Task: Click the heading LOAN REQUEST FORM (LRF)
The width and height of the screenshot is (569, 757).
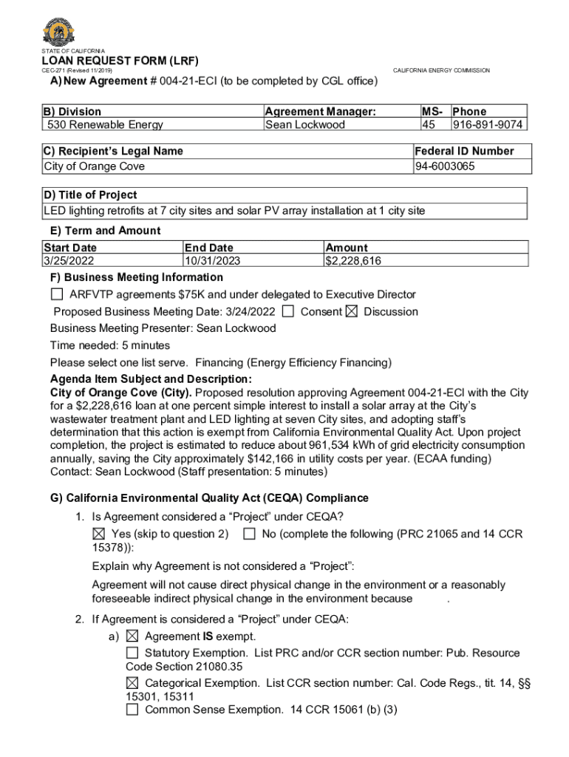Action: click(x=120, y=61)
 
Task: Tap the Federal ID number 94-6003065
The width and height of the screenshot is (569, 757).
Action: click(x=446, y=166)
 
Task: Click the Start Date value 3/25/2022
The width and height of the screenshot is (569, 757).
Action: click(x=69, y=261)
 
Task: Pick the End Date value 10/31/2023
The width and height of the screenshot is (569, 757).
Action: click(x=213, y=261)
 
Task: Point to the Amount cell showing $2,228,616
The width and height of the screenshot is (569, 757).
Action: click(x=353, y=261)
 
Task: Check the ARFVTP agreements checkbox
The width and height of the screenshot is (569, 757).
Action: click(x=57, y=295)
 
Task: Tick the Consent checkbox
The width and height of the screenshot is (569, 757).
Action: click(x=289, y=311)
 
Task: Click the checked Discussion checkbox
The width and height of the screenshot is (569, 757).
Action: click(x=352, y=311)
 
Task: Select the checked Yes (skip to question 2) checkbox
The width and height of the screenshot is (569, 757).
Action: click(x=99, y=534)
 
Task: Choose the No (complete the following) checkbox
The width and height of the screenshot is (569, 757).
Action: click(x=250, y=534)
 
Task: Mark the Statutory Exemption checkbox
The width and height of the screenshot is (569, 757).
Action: click(x=132, y=653)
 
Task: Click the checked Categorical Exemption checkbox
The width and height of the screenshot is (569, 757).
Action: click(x=132, y=682)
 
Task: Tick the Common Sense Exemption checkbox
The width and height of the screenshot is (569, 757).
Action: click(x=132, y=710)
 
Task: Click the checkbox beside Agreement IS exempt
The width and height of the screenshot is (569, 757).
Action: click(x=132, y=636)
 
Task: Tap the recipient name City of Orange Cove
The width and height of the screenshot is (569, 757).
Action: click(x=95, y=166)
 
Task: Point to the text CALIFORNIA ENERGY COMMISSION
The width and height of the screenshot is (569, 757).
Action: click(x=441, y=70)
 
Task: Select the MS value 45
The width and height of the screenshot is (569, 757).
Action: click(x=428, y=125)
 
